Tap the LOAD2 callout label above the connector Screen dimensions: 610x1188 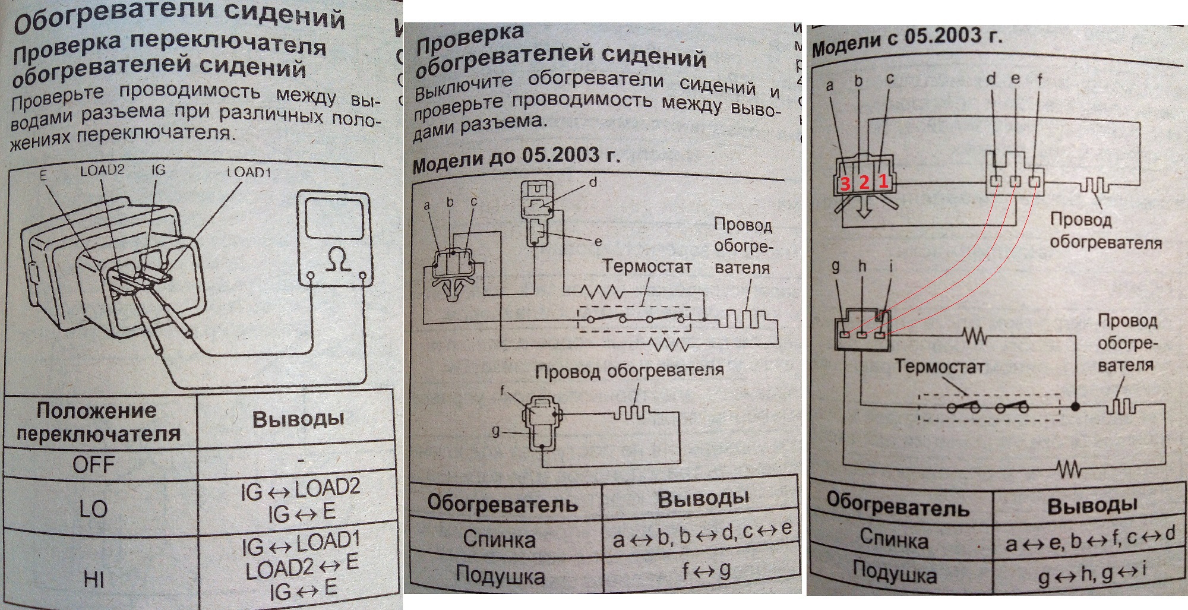point(102,170)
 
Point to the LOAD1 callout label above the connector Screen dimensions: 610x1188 point(249,172)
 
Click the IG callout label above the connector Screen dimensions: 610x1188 point(158,170)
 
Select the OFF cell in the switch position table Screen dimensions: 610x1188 point(94,464)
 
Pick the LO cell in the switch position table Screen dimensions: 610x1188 point(93,508)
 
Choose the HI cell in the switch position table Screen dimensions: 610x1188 point(94,579)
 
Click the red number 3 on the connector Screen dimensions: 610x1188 point(845,184)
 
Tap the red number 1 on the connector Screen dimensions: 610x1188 point(883,182)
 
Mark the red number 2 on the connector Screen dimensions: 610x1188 point(864,183)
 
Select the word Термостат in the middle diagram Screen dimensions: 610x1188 point(647,267)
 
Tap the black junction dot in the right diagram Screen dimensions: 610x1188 point(1075,407)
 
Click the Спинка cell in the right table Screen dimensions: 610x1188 point(894,539)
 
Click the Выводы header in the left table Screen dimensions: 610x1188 point(298,419)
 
